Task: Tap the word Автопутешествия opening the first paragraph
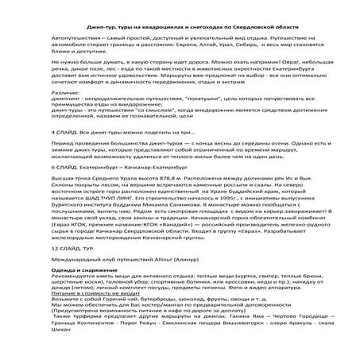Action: [76, 38]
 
